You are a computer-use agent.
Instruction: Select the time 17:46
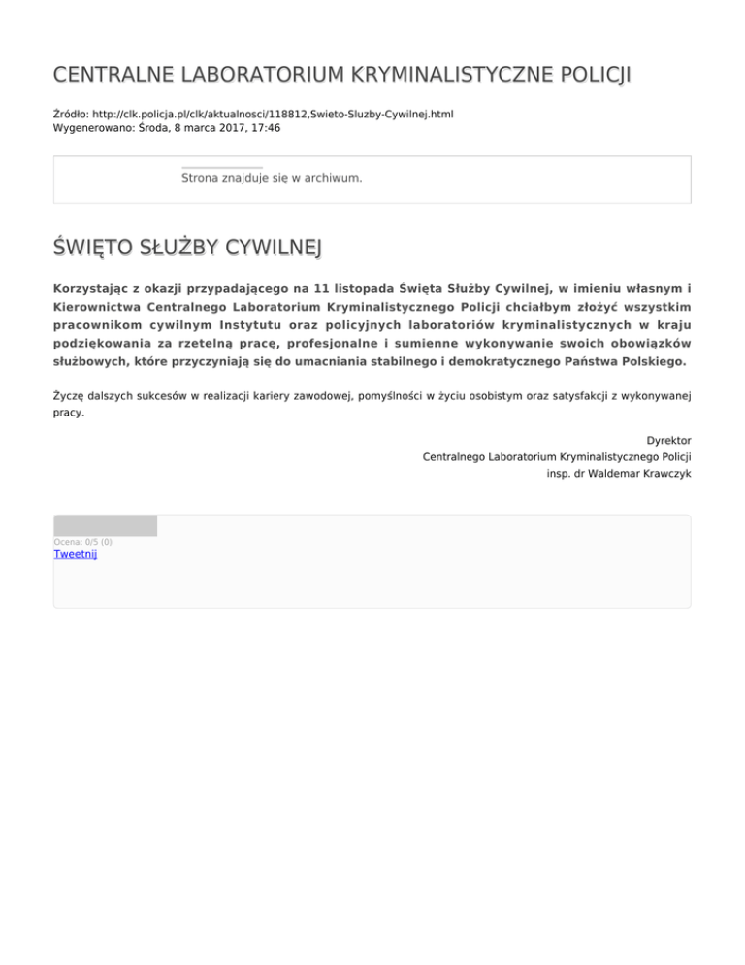(264, 127)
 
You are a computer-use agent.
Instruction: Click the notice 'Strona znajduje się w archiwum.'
(272, 178)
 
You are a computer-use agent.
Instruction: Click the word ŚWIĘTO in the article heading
(95, 249)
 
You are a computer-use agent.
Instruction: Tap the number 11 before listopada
(308, 287)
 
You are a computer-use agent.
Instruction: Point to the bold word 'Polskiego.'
(649, 361)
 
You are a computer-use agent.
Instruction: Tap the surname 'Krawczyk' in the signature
(663, 473)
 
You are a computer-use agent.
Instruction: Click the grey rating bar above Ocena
(105, 525)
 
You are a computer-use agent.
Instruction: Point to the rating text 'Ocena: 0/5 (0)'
(82, 542)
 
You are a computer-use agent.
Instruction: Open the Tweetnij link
(75, 554)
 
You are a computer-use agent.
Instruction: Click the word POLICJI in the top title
(595, 75)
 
